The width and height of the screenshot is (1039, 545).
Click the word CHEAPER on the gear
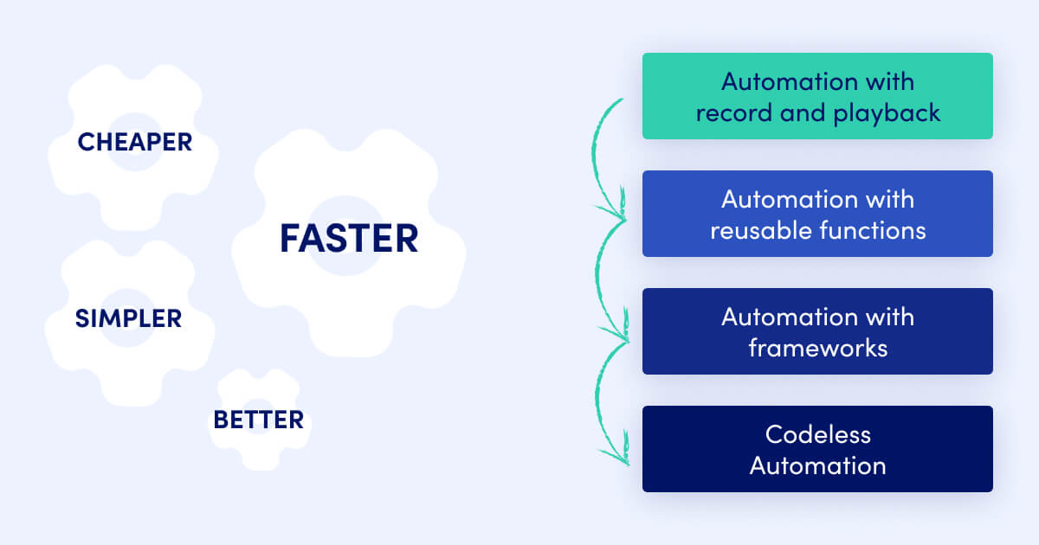point(135,142)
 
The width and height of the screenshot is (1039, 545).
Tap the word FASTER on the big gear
point(348,239)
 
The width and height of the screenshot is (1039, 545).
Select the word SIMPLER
point(128,318)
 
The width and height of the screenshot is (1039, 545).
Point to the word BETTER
point(258,420)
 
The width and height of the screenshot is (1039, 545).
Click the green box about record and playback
point(817,96)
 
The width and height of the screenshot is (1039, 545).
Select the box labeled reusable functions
point(817,214)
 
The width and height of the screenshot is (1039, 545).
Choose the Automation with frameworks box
point(817,331)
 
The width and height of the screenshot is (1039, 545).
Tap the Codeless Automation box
point(817,449)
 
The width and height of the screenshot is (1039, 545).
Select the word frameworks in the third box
point(817,349)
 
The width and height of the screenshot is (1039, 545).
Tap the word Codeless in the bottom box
point(817,433)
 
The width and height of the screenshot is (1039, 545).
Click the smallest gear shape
point(258,420)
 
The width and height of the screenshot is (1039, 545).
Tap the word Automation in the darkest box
point(817,465)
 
